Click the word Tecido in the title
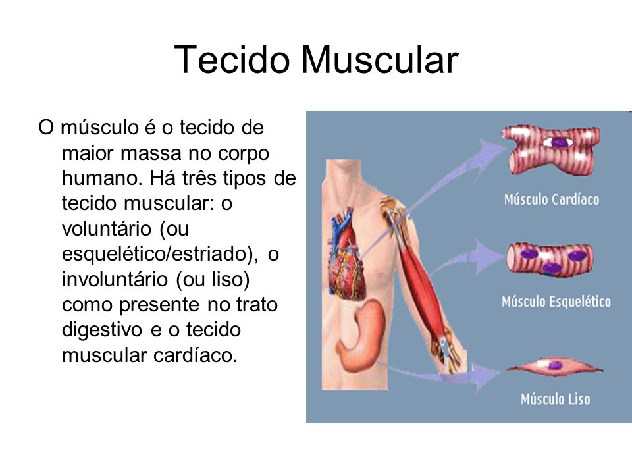pos(232,60)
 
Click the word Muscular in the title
pos(380,60)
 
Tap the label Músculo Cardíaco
pos(552,199)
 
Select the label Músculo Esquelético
pos(556,302)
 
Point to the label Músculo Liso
pos(556,399)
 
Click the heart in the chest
pos(348,255)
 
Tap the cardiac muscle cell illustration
pos(550,150)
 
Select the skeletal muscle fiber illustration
pos(550,259)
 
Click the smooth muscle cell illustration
pos(554,367)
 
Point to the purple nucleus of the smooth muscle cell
pos(555,365)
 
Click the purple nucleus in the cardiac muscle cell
pos(559,142)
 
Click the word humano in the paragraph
pos(103,178)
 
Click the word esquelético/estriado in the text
pos(160,254)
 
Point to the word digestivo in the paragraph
pos(102,330)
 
